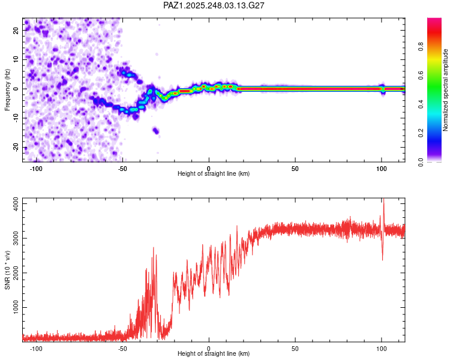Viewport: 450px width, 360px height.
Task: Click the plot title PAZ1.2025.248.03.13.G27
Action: tap(214, 5)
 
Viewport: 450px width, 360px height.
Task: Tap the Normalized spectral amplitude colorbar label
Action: tap(446, 90)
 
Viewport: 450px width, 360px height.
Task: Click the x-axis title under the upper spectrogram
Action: tap(214, 174)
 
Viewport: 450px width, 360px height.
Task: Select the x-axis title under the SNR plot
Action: tap(214, 354)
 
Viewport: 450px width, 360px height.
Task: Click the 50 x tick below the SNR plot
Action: tap(295, 348)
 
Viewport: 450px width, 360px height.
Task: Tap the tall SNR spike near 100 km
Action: tap(383, 204)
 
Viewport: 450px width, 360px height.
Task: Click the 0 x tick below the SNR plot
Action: tap(209, 348)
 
